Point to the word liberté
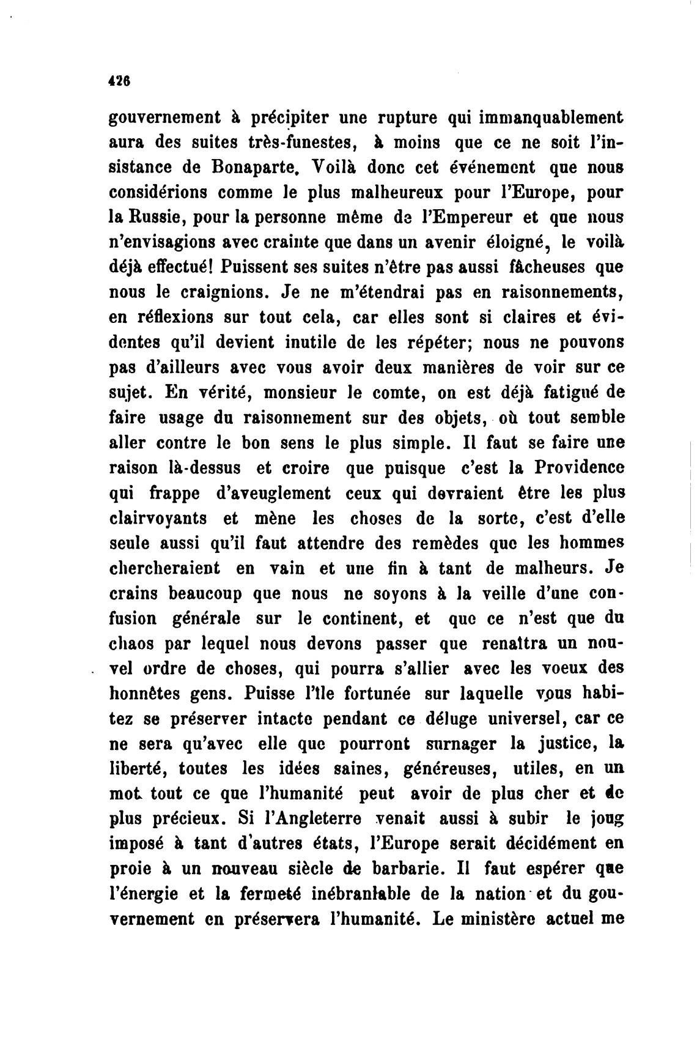click(138, 769)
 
